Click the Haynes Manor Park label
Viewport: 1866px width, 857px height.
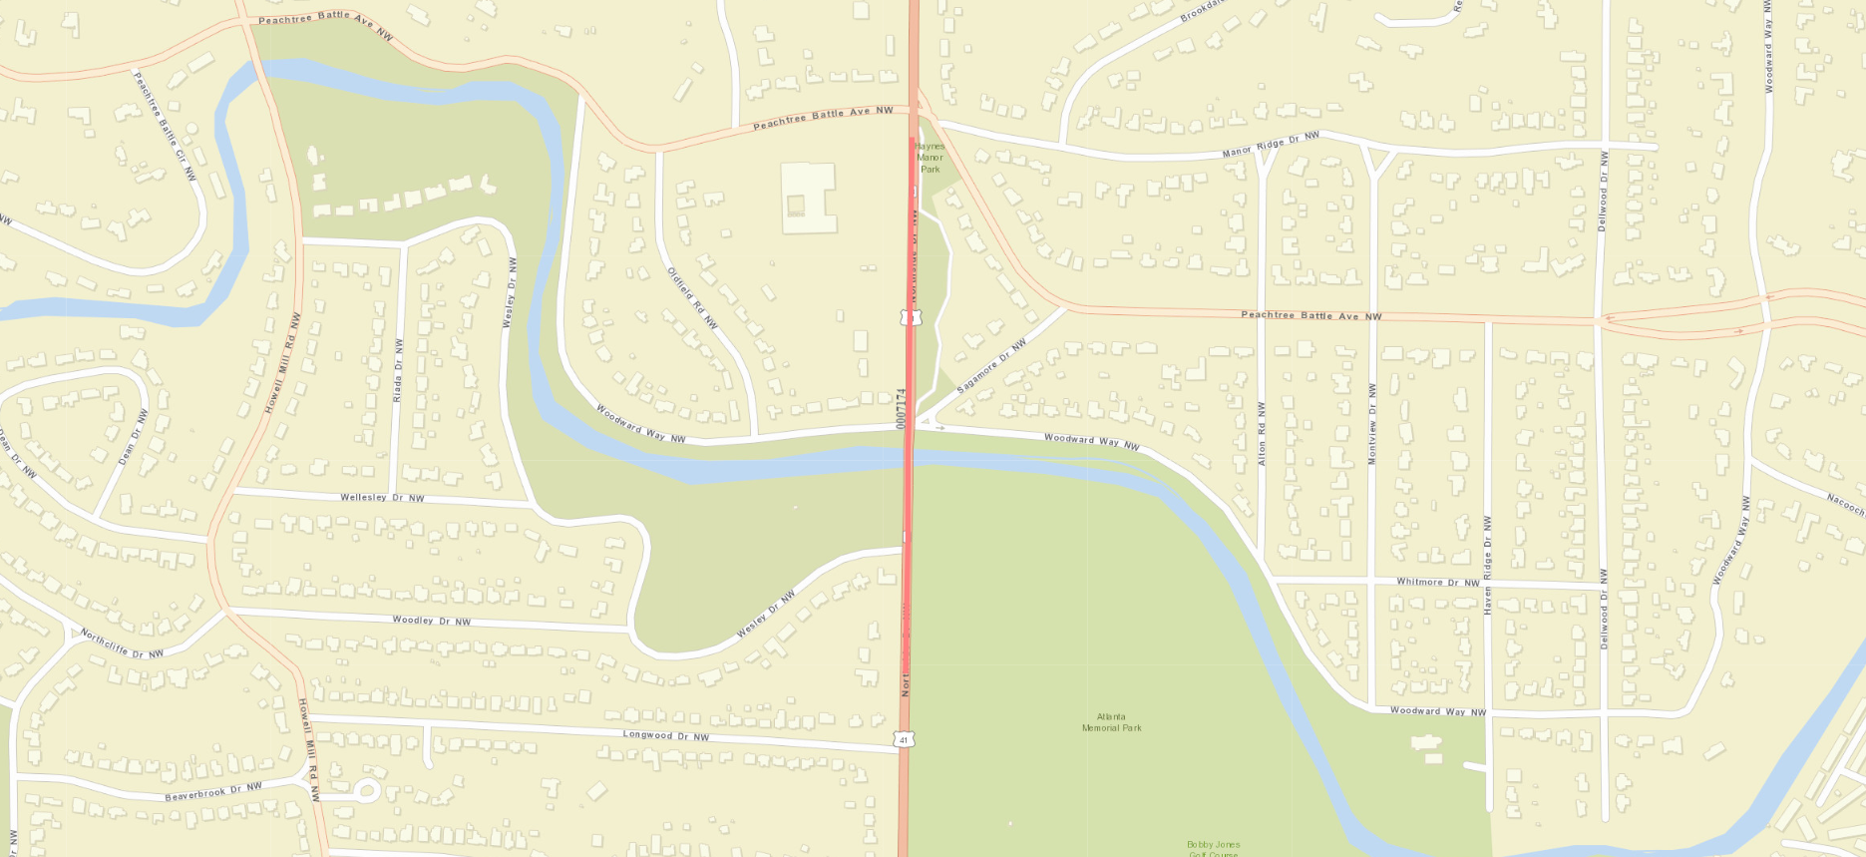[x=930, y=158]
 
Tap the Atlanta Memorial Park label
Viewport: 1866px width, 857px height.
[x=1111, y=722]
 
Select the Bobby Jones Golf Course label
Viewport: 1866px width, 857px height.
[x=1213, y=848]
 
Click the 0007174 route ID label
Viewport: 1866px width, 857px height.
[x=901, y=409]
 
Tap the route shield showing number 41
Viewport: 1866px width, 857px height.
[x=904, y=740]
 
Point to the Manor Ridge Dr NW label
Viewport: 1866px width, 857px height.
[x=1271, y=144]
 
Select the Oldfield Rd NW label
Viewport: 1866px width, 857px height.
[x=692, y=297]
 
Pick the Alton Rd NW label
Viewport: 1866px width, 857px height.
[x=1262, y=434]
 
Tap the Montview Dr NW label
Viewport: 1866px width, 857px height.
[x=1372, y=423]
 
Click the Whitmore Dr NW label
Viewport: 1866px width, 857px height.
[x=1437, y=582]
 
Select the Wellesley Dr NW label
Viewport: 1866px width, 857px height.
[x=382, y=498]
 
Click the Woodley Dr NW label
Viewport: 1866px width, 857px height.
[x=431, y=621]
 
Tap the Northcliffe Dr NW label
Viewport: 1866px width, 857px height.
[x=122, y=644]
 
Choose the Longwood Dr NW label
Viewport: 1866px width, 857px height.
[x=665, y=736]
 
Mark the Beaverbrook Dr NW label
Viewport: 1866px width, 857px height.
[x=213, y=792]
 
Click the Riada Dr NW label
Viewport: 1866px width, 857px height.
[x=398, y=370]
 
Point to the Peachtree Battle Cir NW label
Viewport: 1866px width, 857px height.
[x=166, y=126]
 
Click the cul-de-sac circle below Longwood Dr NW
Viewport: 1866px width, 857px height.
[x=366, y=792]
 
